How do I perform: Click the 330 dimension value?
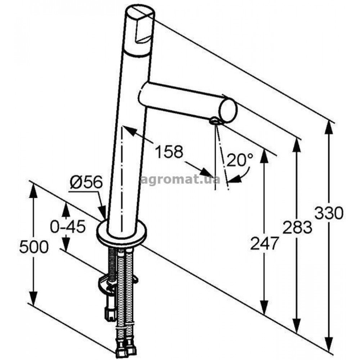329,213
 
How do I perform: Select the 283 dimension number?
297,227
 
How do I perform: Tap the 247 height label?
265,243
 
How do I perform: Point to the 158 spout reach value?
169,151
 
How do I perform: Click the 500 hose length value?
34,247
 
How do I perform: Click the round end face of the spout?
228,110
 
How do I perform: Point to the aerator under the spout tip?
215,121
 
